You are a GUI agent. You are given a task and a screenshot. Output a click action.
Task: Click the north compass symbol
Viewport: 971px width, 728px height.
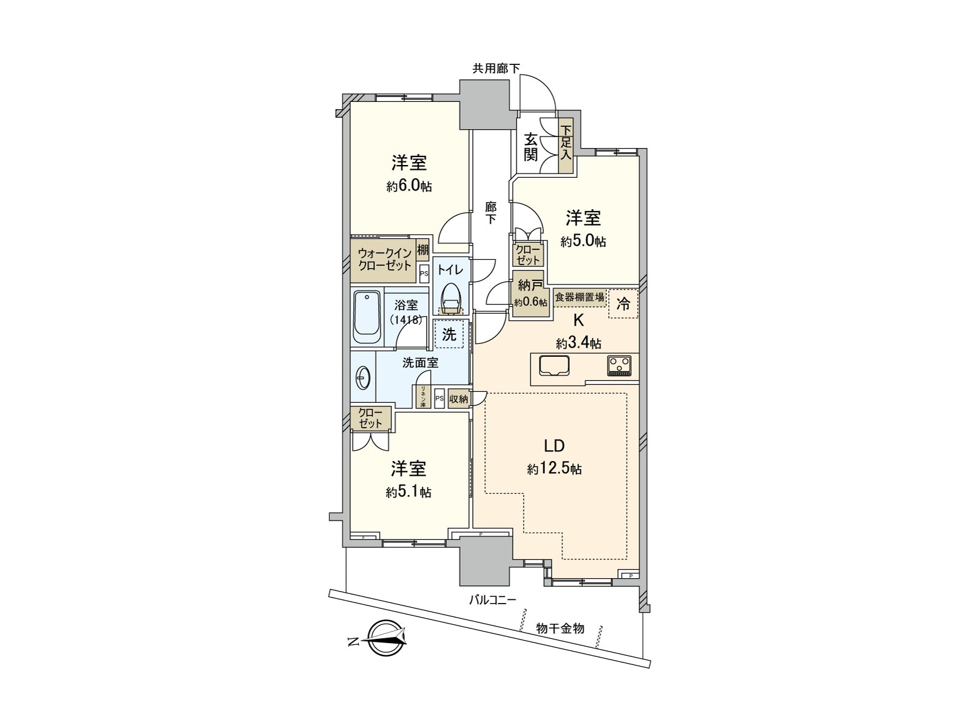click(x=387, y=639)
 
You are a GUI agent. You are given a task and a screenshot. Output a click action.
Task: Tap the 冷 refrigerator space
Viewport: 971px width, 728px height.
click(x=623, y=303)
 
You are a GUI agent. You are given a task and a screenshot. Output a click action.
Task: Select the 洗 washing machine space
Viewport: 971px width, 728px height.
click(x=449, y=334)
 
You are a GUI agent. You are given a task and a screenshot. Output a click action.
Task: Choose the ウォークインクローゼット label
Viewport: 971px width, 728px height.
click(x=384, y=259)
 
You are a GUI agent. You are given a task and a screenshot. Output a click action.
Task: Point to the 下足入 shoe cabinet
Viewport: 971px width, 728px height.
click(x=566, y=143)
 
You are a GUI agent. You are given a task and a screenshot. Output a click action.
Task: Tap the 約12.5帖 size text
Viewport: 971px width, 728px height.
click(x=554, y=469)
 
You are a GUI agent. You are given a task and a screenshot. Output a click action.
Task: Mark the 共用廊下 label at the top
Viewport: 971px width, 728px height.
click(x=496, y=69)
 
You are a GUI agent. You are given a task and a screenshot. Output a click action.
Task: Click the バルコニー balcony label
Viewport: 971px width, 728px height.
click(x=492, y=600)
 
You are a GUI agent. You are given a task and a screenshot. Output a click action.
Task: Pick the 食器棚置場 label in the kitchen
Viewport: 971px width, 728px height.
click(x=580, y=297)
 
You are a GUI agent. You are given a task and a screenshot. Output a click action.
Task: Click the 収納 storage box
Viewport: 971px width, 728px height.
click(x=459, y=399)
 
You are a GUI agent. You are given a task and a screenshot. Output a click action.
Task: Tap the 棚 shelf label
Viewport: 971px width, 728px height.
click(x=422, y=250)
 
